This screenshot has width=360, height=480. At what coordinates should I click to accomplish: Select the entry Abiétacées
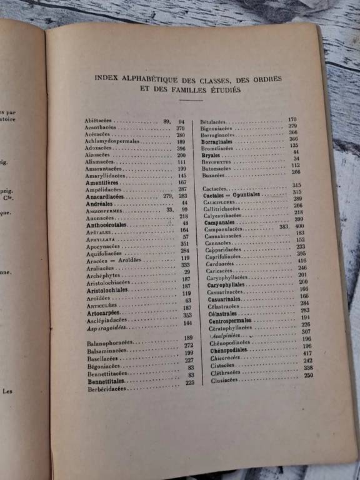coord(99,120)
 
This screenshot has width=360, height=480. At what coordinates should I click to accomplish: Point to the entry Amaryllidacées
coord(105,176)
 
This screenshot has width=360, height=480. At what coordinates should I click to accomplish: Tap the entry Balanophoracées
coord(109,343)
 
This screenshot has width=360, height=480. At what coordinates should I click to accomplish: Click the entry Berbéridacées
coord(107,388)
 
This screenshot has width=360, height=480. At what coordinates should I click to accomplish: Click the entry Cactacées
coord(214,187)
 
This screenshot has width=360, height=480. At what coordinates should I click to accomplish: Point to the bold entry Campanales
coord(219,222)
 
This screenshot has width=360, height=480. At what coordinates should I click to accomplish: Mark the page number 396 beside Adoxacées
coord(181,148)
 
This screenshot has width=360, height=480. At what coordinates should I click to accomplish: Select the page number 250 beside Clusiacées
coord(308,376)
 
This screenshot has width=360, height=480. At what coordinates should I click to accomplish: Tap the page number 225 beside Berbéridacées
coord(190,382)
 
